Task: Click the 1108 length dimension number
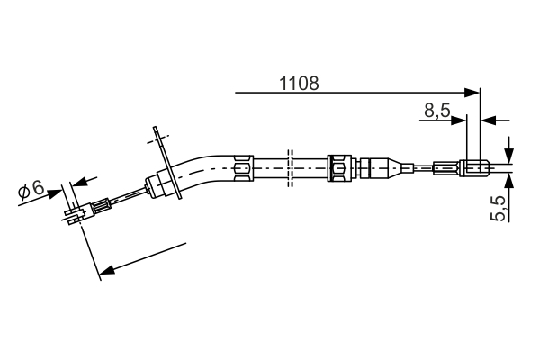(299, 84)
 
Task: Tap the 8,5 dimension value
(437, 110)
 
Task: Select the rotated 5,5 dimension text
(498, 209)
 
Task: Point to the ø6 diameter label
(31, 190)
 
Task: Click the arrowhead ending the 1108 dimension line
(472, 93)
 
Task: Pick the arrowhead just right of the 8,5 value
(459, 121)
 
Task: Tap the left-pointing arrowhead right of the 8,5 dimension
(488, 121)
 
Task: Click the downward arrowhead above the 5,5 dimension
(509, 156)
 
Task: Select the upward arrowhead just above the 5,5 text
(509, 181)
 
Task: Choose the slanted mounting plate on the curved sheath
(167, 163)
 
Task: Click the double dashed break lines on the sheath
(290, 168)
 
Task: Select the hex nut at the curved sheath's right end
(244, 168)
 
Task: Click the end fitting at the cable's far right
(474, 168)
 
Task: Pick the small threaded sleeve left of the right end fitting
(446, 168)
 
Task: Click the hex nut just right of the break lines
(339, 168)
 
